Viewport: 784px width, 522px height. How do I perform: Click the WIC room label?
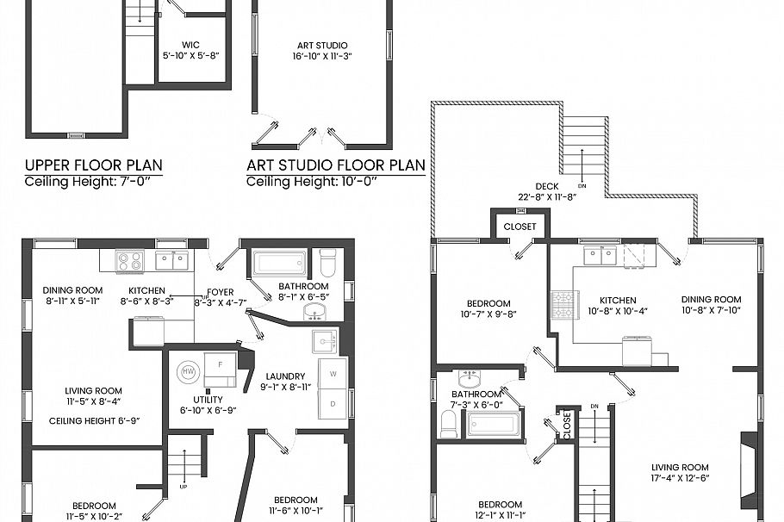point(191,45)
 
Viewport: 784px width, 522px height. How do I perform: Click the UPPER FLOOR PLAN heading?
point(94,165)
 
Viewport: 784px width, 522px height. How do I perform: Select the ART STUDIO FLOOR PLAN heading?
point(336,165)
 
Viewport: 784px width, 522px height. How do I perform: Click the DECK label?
point(547,186)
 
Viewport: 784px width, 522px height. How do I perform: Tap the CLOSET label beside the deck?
point(520,227)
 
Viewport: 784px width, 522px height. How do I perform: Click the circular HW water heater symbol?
point(187,373)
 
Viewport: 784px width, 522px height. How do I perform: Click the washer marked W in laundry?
point(332,374)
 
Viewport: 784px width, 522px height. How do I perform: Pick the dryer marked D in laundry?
point(332,403)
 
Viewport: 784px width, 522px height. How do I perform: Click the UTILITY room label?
point(208,400)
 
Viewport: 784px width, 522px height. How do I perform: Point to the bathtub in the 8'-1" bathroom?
point(279,262)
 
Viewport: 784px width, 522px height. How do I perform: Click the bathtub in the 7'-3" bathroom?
point(494,424)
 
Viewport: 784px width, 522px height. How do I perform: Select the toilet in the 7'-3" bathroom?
point(449,423)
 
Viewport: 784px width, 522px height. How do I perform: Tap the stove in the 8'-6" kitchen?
point(130,259)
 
